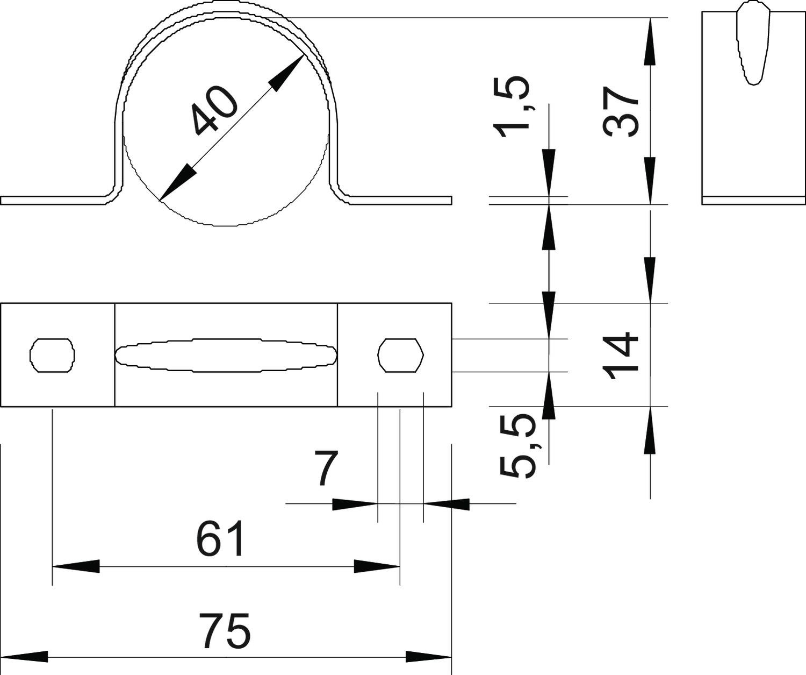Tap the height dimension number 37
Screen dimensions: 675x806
pyautogui.click(x=621, y=112)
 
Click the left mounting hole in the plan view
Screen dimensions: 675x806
pyautogui.click(x=52, y=355)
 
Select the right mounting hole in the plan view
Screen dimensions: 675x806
pyautogui.click(x=401, y=355)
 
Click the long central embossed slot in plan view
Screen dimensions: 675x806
pyautogui.click(x=226, y=355)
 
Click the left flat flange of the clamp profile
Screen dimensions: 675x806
pyautogui.click(x=54, y=201)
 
